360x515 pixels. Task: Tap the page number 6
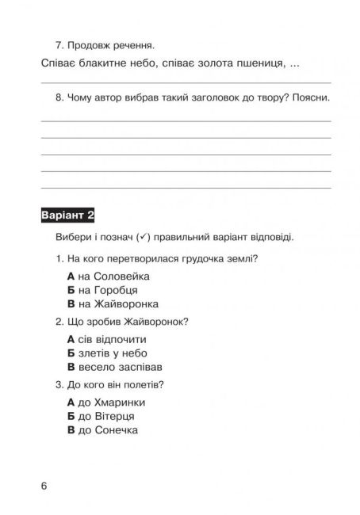[44, 485]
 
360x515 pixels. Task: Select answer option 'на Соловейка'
[109, 277]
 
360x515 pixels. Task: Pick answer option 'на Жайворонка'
[113, 304]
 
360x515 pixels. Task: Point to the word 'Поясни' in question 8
[311, 99]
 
